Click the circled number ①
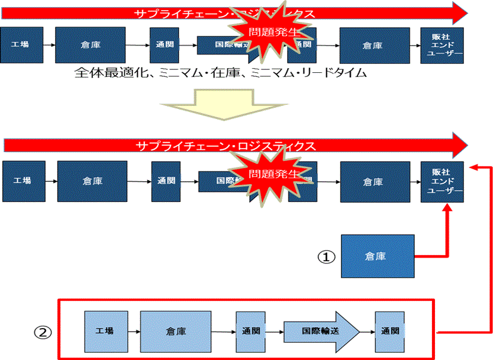(x=327, y=256)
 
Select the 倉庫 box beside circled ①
(x=376, y=256)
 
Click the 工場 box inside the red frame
(x=104, y=330)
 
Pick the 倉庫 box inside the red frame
(x=176, y=331)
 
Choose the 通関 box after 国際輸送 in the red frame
(x=390, y=330)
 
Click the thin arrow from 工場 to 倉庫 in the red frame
(x=132, y=331)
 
